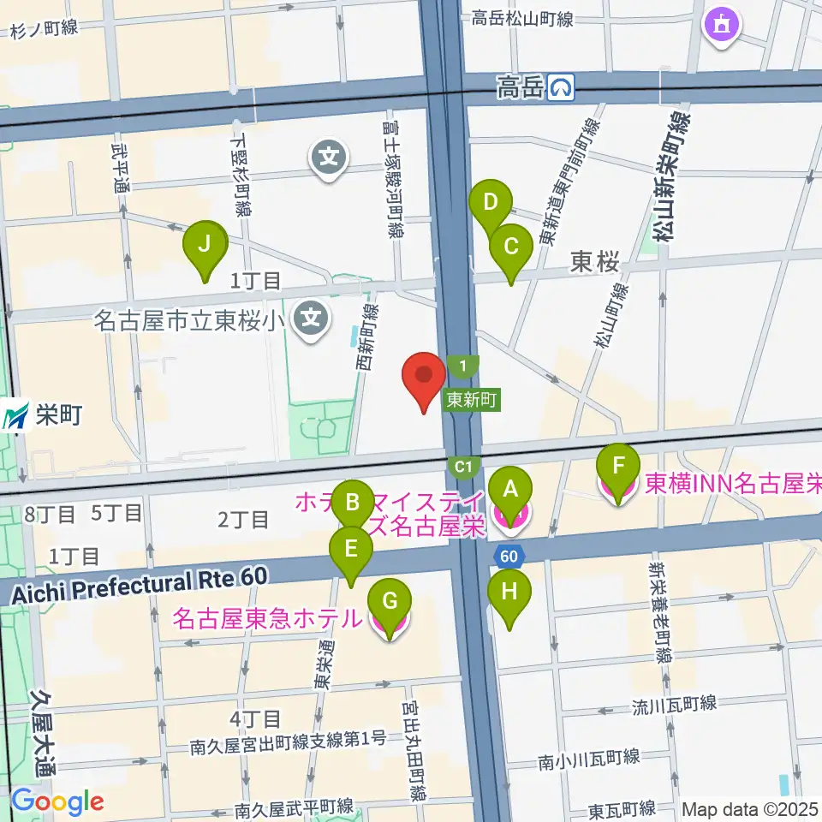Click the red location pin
(x=425, y=381)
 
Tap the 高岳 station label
(x=521, y=86)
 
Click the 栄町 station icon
(x=15, y=417)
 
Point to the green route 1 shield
(x=462, y=367)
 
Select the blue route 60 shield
(x=509, y=556)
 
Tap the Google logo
(x=57, y=802)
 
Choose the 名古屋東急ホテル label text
(x=267, y=618)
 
